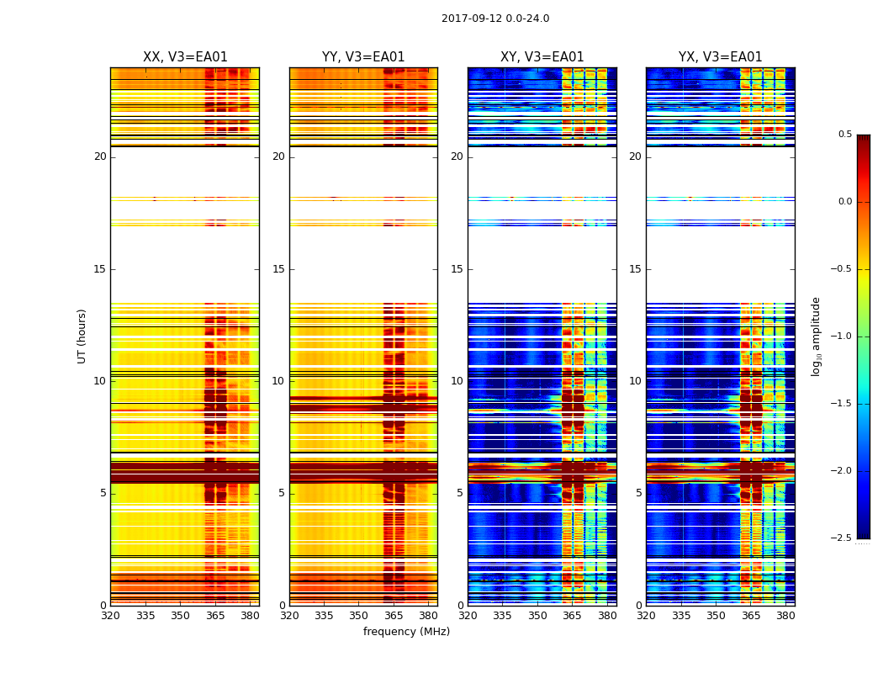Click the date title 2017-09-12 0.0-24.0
495,19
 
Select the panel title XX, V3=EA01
185,57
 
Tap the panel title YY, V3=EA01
363,57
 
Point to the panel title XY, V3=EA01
542,57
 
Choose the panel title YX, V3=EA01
720,57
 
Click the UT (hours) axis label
82,336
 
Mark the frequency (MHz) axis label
406,632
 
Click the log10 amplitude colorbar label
816,336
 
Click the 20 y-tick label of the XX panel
100,156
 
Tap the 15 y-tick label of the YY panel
278,269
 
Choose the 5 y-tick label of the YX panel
638,493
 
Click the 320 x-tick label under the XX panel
110,616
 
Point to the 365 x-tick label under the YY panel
394,616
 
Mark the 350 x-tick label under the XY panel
537,616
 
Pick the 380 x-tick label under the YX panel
785,616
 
